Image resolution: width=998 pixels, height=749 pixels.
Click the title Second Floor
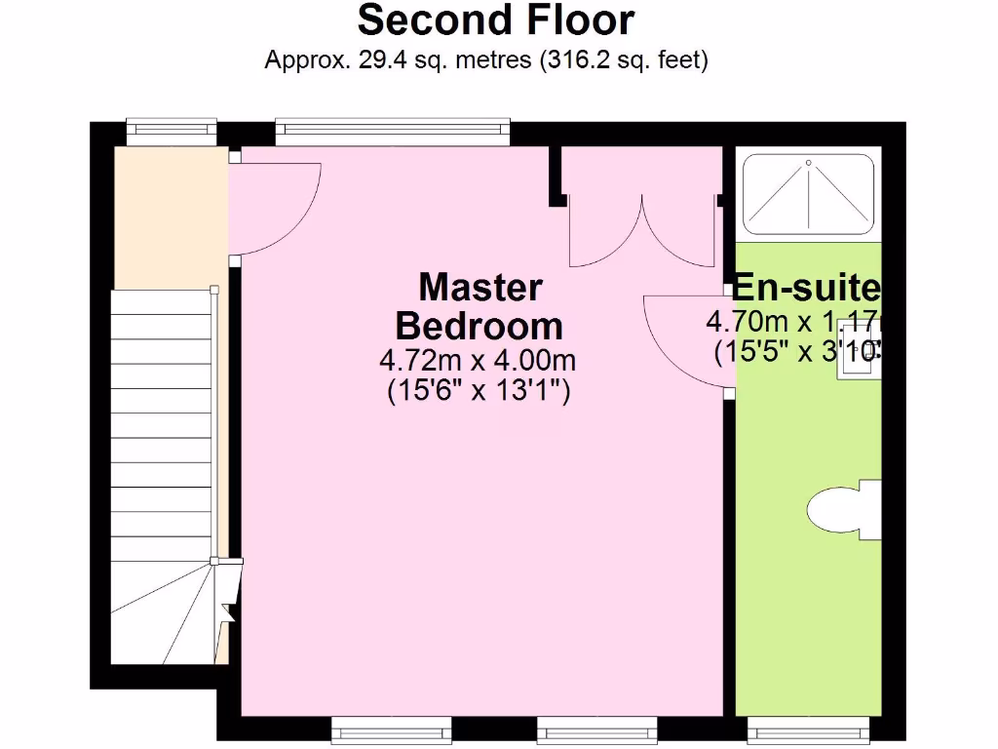click(496, 20)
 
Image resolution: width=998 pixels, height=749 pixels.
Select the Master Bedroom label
click(480, 306)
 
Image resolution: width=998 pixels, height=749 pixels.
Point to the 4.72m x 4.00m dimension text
click(478, 360)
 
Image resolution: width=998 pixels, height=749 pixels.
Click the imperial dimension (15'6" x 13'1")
click(478, 391)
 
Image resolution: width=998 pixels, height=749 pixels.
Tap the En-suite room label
click(806, 288)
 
